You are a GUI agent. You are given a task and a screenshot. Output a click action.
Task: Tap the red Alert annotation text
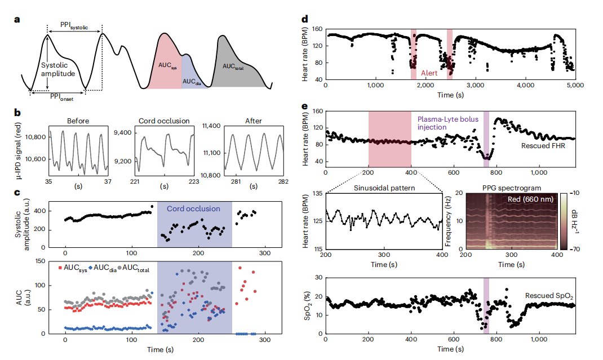pos(431,74)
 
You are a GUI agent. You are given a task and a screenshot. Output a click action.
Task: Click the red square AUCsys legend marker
pos(60,266)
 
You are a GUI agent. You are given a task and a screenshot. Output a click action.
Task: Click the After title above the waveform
pos(254,121)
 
